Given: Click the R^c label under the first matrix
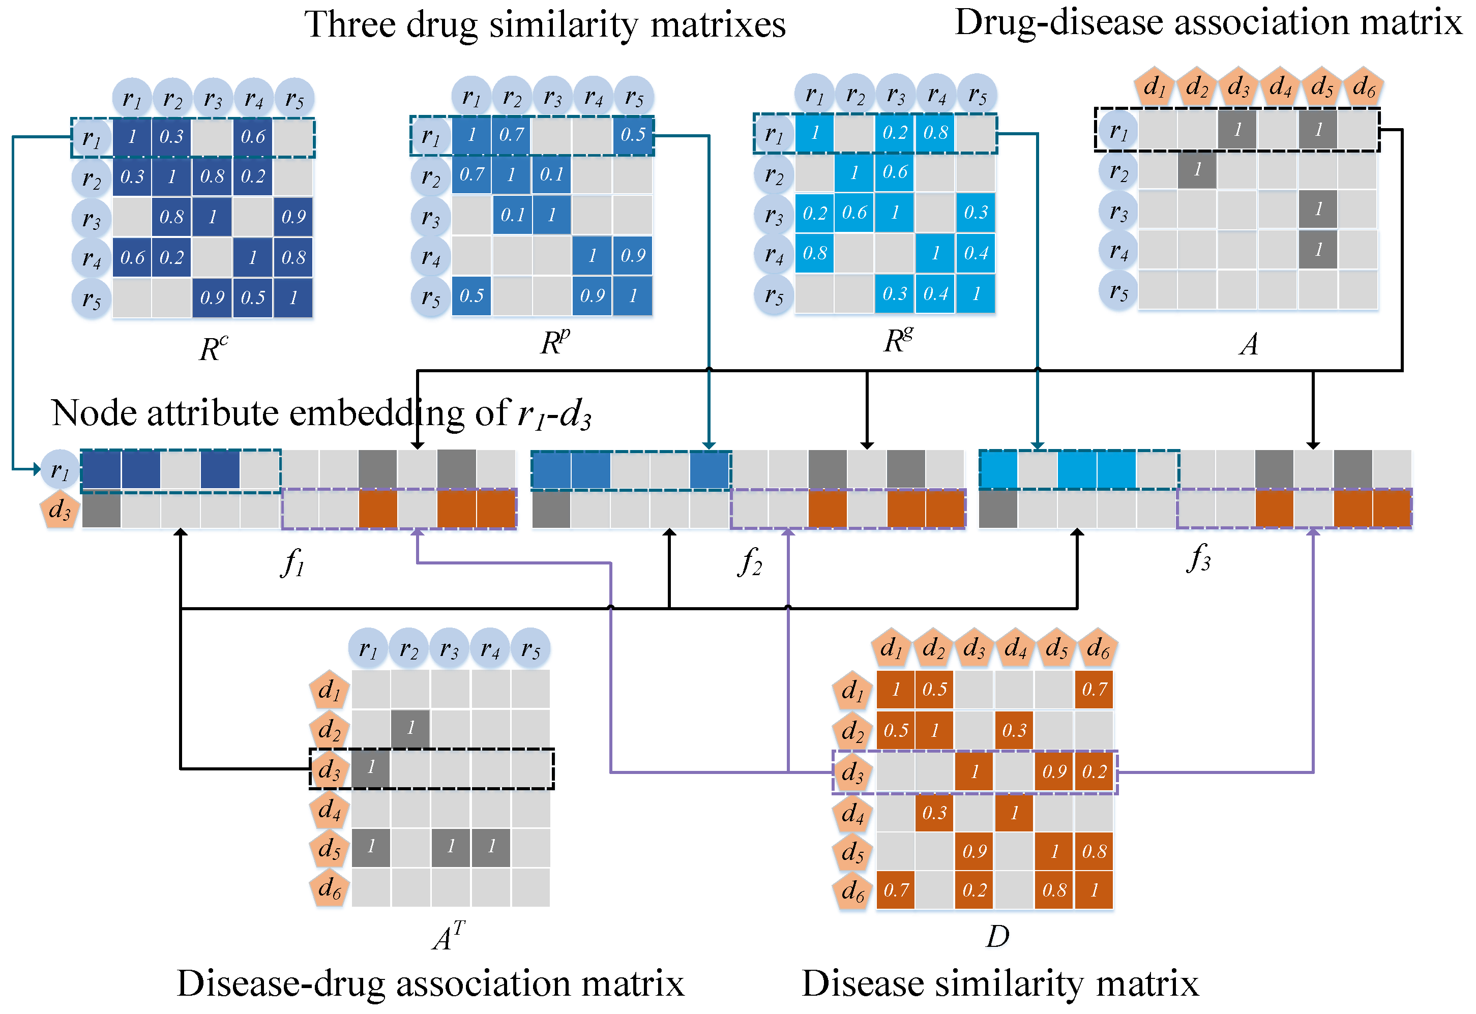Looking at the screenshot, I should (214, 348).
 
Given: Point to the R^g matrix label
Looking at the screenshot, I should (898, 341).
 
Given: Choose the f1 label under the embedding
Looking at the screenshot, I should (292, 562).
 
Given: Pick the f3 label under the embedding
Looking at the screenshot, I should (1198, 559).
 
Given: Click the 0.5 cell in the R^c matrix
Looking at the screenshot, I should (253, 297).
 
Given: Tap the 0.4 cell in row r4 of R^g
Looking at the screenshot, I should (976, 253).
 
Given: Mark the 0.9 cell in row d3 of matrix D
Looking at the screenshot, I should (1054, 772).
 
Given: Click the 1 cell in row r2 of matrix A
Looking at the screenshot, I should (1197, 170).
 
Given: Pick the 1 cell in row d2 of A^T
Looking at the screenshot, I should (410, 728).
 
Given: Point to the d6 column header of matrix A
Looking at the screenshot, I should (1364, 86).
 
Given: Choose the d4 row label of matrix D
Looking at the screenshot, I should (852, 813).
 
